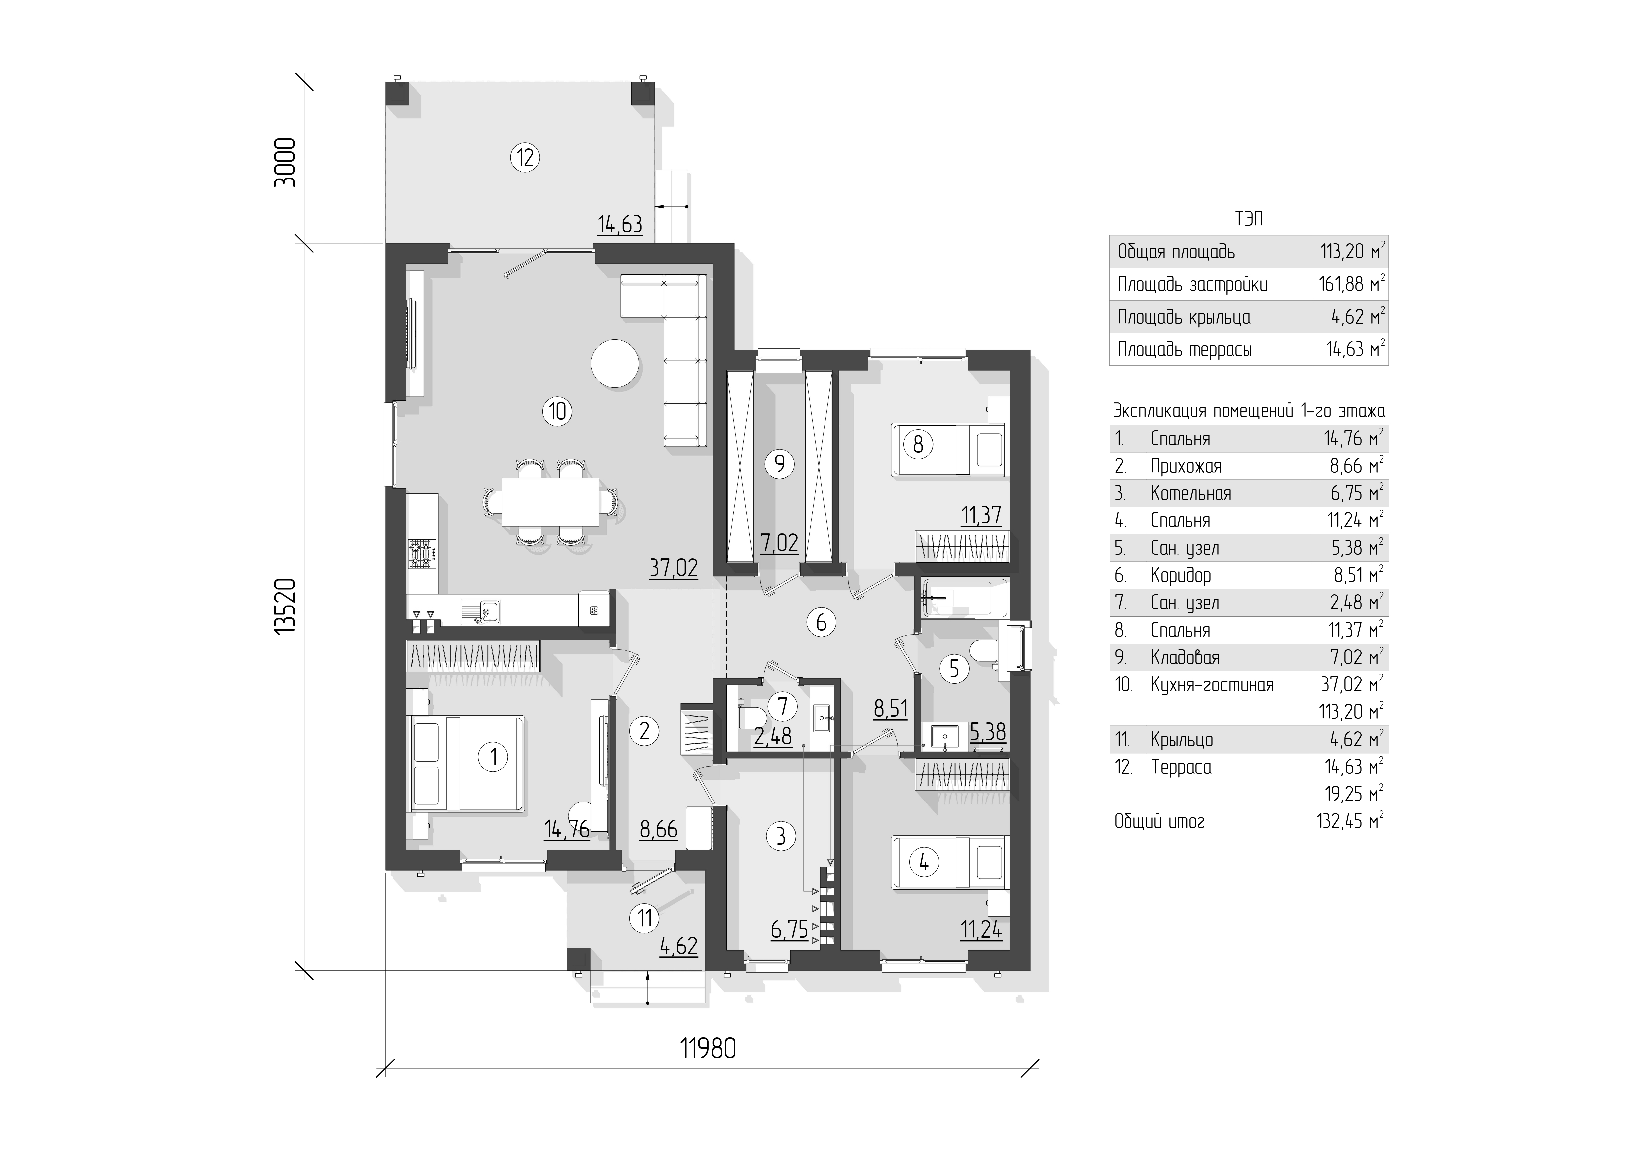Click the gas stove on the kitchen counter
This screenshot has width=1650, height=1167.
(422, 555)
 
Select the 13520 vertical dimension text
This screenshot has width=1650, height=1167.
(286, 606)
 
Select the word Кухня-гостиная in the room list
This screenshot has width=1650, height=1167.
(1212, 685)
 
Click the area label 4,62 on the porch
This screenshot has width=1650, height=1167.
(678, 946)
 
